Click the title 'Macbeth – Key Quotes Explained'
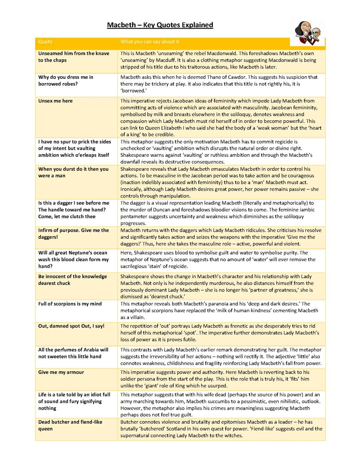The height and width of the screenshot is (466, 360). [160, 25]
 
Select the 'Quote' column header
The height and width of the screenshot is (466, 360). [45, 42]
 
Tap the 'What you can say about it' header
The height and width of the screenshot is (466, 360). [150, 42]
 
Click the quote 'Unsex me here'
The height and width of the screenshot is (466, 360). [55, 101]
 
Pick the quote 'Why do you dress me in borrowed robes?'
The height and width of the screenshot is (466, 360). [66, 80]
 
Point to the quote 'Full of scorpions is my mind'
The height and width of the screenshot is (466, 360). [70, 304]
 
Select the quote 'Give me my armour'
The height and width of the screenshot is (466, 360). [61, 372]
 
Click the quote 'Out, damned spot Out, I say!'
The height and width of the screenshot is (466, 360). [71, 326]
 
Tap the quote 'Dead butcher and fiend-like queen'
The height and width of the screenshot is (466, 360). [70, 425]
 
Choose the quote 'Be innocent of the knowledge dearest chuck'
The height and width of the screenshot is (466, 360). [73, 280]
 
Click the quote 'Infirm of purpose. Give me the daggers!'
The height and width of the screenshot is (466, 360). [74, 234]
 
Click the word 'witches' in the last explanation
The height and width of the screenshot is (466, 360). [233, 435]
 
